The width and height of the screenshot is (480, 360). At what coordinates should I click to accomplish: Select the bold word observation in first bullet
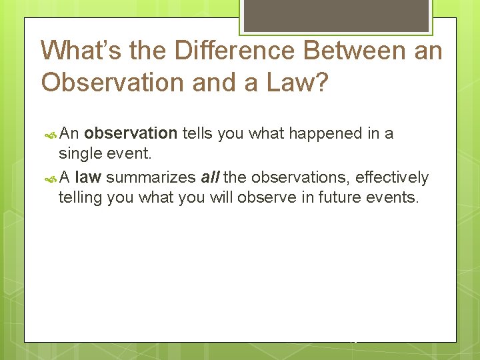tap(131, 133)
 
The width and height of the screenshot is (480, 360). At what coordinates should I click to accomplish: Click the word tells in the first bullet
tap(198, 133)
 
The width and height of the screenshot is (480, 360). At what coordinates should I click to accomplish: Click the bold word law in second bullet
tap(88, 177)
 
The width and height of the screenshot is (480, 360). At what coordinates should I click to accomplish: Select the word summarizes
tap(151, 177)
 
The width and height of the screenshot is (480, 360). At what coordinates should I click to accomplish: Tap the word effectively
tap(392, 177)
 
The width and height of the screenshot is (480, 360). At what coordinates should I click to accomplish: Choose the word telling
tap(81, 198)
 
